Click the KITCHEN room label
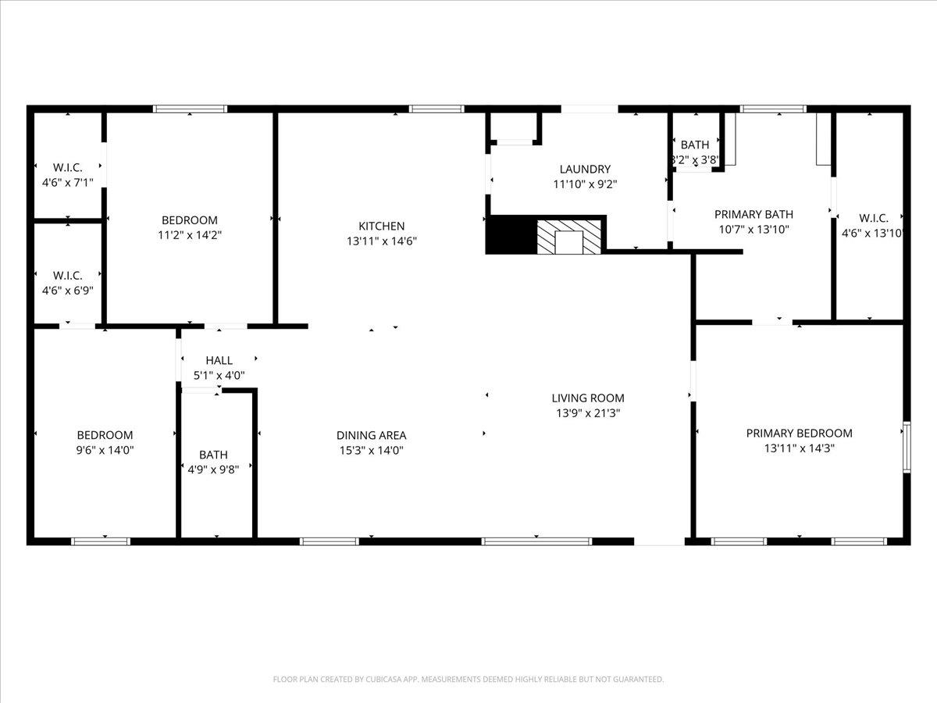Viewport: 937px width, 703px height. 381,227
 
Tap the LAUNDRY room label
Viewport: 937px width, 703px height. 585,170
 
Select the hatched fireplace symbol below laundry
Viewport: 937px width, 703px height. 570,237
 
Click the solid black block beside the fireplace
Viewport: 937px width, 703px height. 510,235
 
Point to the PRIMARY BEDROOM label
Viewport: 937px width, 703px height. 799,434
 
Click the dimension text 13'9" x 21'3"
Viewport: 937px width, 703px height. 588,413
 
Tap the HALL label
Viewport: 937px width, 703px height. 219,361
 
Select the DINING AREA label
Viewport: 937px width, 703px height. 371,436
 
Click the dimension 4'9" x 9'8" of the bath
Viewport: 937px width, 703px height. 213,469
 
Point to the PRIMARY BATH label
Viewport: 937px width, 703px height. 754,214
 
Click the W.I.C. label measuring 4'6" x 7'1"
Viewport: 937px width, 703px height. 67,183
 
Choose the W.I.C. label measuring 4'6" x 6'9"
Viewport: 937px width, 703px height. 67,291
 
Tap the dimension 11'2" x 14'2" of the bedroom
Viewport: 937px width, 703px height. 190,235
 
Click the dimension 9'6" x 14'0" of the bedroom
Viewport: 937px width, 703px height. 105,450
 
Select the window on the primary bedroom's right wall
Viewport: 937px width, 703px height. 907,447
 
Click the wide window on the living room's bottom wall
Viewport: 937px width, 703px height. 536,541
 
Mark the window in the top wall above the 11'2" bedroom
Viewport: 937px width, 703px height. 190,109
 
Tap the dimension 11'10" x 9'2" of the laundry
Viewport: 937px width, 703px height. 585,184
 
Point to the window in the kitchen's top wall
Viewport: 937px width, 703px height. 436,109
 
